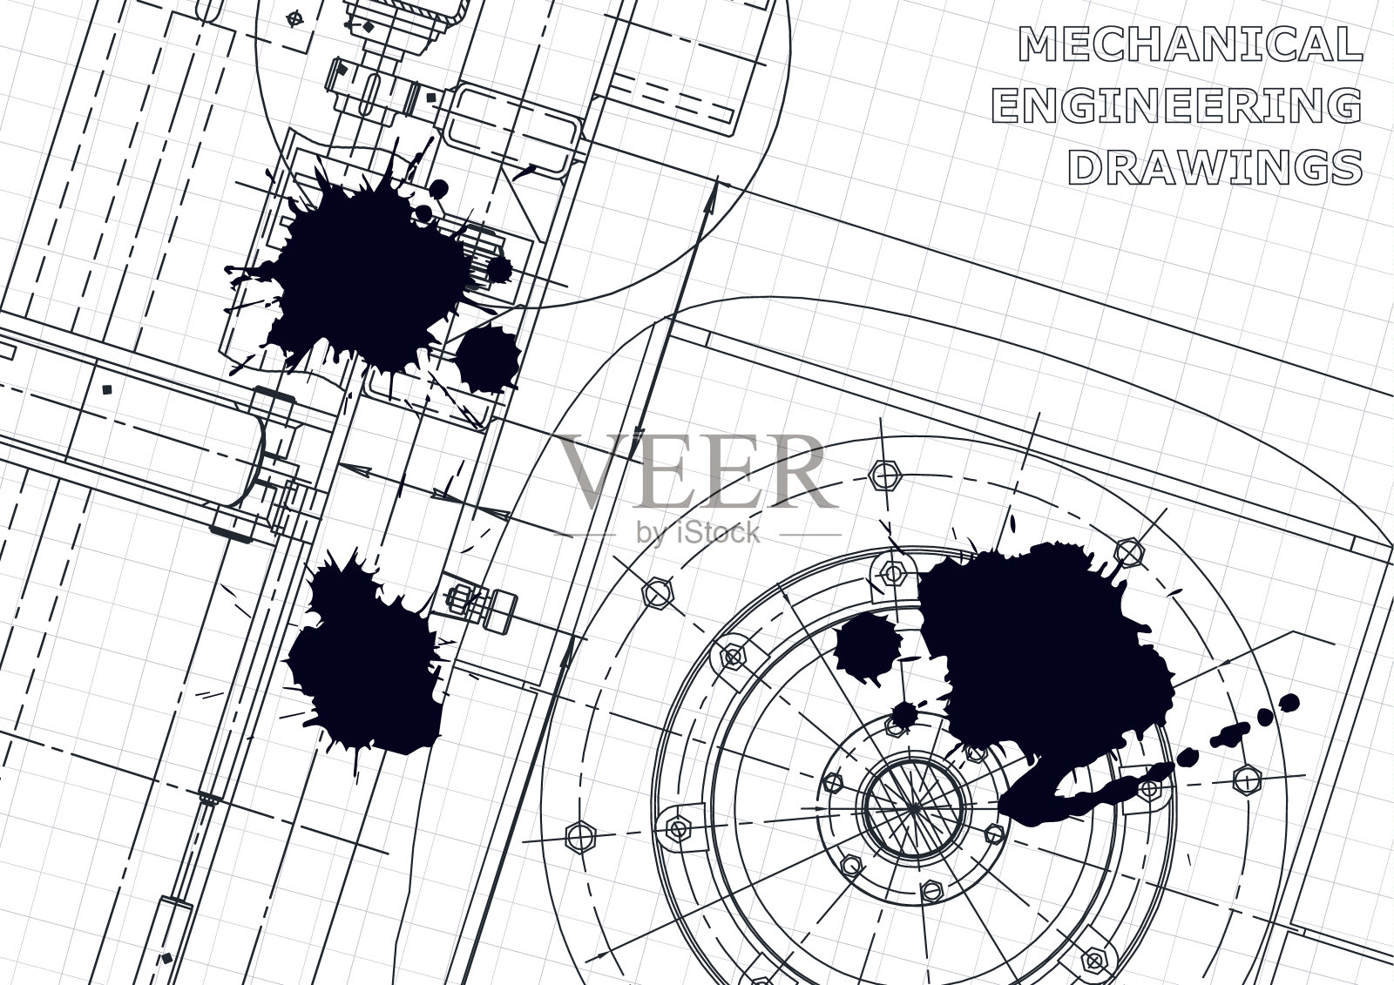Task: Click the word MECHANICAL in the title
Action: pos(1190,44)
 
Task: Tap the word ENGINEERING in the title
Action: pos(1177,105)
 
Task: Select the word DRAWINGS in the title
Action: pos(1215,166)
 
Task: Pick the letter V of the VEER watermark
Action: pos(594,472)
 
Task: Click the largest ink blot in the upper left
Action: pos(367,273)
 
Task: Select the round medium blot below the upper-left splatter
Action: pos(488,359)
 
